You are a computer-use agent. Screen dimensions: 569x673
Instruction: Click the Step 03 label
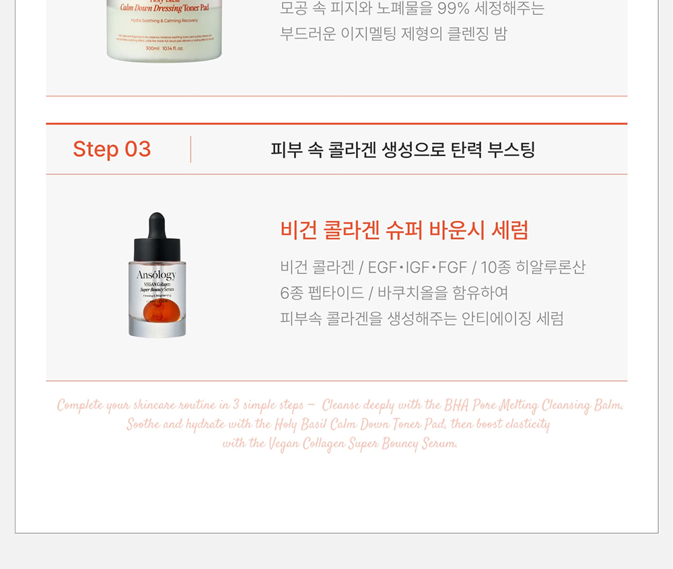tap(112, 149)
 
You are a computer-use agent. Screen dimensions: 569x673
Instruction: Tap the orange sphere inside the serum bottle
tap(157, 312)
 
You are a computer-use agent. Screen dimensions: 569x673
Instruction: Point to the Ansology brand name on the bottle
tap(156, 275)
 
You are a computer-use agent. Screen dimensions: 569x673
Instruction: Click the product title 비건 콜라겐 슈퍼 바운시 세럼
tap(404, 230)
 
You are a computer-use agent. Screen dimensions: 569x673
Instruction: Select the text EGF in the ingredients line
tap(382, 267)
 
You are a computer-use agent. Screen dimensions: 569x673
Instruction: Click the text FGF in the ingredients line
tap(452, 267)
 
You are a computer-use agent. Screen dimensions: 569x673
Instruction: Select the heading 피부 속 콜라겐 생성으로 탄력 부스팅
tap(402, 149)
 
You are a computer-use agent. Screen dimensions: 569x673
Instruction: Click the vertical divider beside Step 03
tap(191, 149)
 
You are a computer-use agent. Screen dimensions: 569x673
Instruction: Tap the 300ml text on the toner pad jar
tap(152, 48)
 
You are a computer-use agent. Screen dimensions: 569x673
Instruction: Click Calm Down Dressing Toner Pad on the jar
tap(165, 8)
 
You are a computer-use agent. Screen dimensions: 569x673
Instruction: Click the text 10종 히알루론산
tap(533, 267)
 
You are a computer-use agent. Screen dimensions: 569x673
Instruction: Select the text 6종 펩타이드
tap(322, 293)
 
